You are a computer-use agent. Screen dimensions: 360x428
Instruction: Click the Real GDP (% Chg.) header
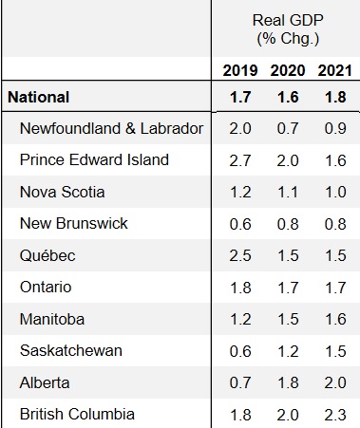click(x=288, y=29)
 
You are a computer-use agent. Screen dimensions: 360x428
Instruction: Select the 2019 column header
click(x=240, y=70)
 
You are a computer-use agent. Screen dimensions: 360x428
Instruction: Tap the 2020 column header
click(x=288, y=70)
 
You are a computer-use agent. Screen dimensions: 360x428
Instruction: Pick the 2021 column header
click(x=335, y=70)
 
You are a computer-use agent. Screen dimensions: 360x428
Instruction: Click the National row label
click(x=38, y=97)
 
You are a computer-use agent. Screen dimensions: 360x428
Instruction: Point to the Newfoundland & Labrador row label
click(x=111, y=128)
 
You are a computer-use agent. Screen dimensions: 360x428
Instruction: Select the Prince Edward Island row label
click(x=94, y=159)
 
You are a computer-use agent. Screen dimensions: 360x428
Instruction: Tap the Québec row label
click(x=47, y=255)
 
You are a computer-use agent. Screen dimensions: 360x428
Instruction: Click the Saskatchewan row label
click(x=71, y=350)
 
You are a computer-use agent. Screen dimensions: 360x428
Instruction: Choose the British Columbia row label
click(x=77, y=414)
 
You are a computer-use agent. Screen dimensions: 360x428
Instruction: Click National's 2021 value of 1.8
click(x=335, y=97)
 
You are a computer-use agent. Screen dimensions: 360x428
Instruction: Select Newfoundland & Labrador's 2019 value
click(x=240, y=129)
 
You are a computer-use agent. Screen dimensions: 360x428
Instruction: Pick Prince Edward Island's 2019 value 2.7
click(x=240, y=160)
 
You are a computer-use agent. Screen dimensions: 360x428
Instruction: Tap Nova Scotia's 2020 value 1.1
click(x=288, y=193)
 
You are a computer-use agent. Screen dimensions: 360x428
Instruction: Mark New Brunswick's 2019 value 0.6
click(x=240, y=224)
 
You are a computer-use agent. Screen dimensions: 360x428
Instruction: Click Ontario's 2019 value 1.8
click(x=240, y=288)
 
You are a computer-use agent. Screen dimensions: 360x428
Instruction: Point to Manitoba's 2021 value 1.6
click(x=335, y=320)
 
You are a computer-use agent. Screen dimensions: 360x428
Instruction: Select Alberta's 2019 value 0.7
click(x=240, y=383)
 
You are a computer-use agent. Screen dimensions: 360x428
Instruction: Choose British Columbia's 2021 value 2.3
click(x=335, y=415)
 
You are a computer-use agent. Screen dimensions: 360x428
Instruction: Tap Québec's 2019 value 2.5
click(x=240, y=256)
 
